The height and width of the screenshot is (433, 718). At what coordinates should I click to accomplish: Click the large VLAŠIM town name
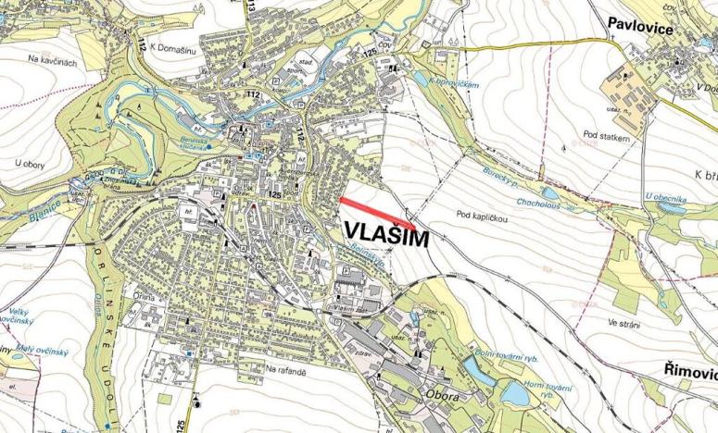388,235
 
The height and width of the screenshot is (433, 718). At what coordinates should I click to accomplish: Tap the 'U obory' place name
31,164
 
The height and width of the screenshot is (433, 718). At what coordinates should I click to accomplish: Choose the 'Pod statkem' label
609,136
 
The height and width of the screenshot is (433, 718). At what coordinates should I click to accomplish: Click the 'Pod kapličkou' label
484,216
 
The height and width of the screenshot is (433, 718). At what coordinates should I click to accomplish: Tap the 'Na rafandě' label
284,369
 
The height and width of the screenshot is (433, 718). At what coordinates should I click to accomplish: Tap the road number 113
252,6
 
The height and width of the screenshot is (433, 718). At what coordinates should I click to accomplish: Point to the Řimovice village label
690,371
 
